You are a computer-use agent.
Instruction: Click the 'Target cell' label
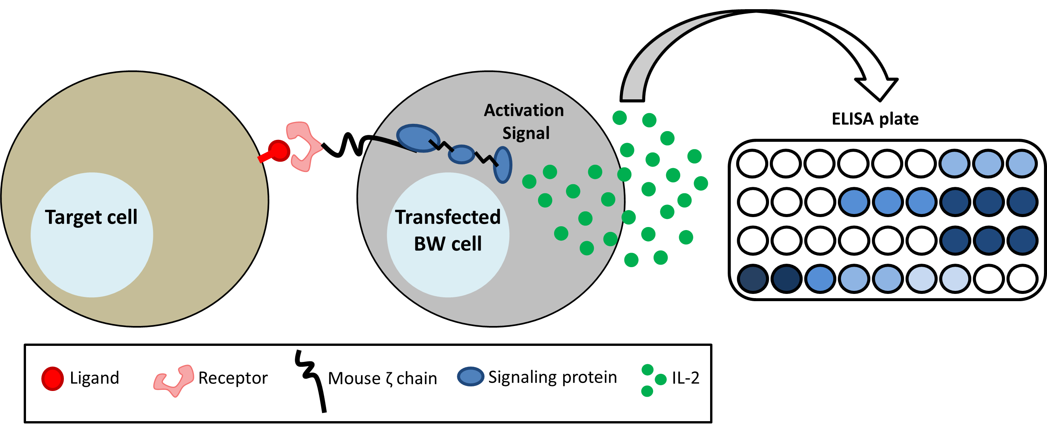(91, 217)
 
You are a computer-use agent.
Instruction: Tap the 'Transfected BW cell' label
(447, 230)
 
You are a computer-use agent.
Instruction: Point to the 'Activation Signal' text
(524, 122)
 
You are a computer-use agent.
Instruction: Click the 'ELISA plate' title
(875, 119)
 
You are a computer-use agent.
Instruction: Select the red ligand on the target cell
(279, 151)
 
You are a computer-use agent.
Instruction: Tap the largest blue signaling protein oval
(418, 138)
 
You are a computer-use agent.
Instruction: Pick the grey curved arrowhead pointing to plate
(876, 88)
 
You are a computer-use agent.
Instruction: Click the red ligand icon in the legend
(52, 379)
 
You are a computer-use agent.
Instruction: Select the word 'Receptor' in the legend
(233, 378)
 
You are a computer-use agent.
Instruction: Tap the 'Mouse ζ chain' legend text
(382, 379)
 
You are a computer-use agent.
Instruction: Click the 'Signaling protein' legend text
(552, 377)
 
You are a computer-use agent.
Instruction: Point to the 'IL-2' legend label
(685, 378)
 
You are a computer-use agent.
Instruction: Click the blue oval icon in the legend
(470, 376)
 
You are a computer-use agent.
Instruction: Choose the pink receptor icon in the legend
(174, 380)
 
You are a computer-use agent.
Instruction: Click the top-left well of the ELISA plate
(752, 164)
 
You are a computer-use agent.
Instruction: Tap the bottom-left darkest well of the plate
(752, 279)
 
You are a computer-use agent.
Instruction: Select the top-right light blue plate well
(1022, 164)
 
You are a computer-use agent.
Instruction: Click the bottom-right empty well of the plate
(1022, 279)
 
